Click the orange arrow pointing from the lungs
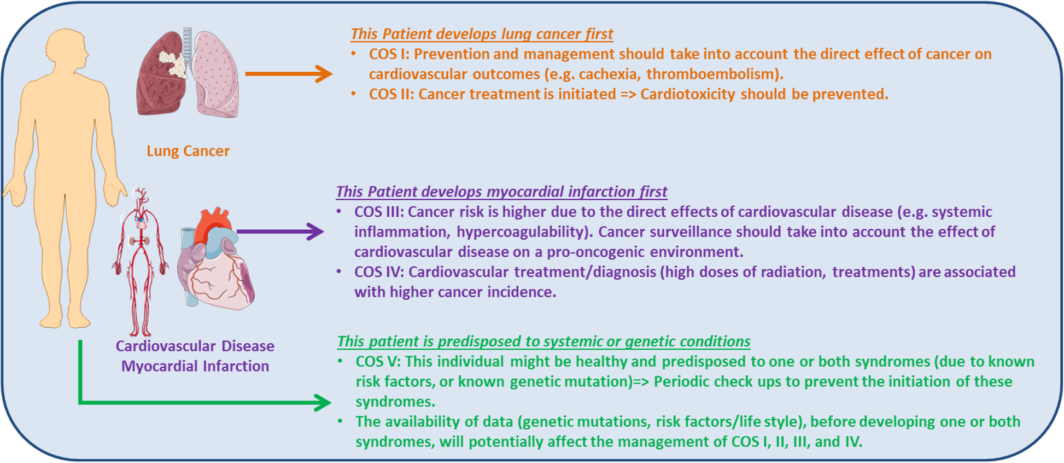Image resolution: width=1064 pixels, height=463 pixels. tap(289, 73)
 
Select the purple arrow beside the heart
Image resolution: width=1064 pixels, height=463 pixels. tap(280, 231)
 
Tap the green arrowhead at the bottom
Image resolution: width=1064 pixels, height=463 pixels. tap(323, 403)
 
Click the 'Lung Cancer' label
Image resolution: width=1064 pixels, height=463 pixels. tap(188, 151)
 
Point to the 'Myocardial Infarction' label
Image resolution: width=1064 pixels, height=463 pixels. tap(195, 366)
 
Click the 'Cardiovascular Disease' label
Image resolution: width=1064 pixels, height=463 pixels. tap(195, 346)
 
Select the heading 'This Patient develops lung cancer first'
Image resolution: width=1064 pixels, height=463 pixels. tap(482, 34)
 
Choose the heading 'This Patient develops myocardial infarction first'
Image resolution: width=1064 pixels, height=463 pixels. tap(501, 192)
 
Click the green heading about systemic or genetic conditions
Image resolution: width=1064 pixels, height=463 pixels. tap(543, 342)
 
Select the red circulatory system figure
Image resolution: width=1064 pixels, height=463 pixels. tap(140, 262)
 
